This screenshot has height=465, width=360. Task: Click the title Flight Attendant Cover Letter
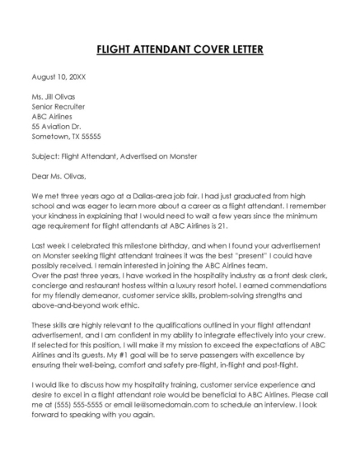[x=180, y=49]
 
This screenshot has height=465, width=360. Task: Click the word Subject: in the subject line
[x=45, y=156]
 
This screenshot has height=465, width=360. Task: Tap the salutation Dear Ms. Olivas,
[x=58, y=175]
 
